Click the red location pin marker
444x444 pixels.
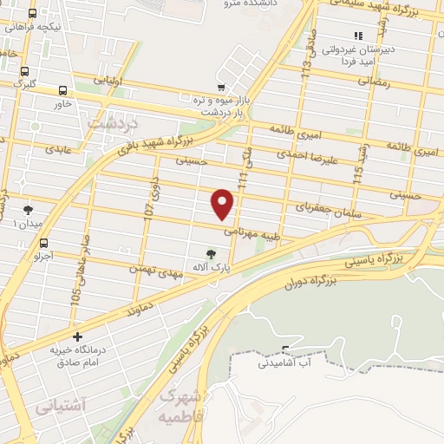coord(223,203)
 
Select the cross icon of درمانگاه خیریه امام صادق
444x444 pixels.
coord(78,336)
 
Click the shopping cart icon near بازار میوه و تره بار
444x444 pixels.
coord(222,87)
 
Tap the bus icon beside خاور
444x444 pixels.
coord(63,89)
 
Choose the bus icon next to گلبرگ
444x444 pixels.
coord(25,70)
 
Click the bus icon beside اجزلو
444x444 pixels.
coord(43,243)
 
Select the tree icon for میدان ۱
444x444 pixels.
coord(28,209)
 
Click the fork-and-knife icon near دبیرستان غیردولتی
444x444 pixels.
coord(357,36)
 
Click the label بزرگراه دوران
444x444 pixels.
coord(310,282)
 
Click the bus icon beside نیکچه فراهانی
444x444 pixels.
coord(32,14)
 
